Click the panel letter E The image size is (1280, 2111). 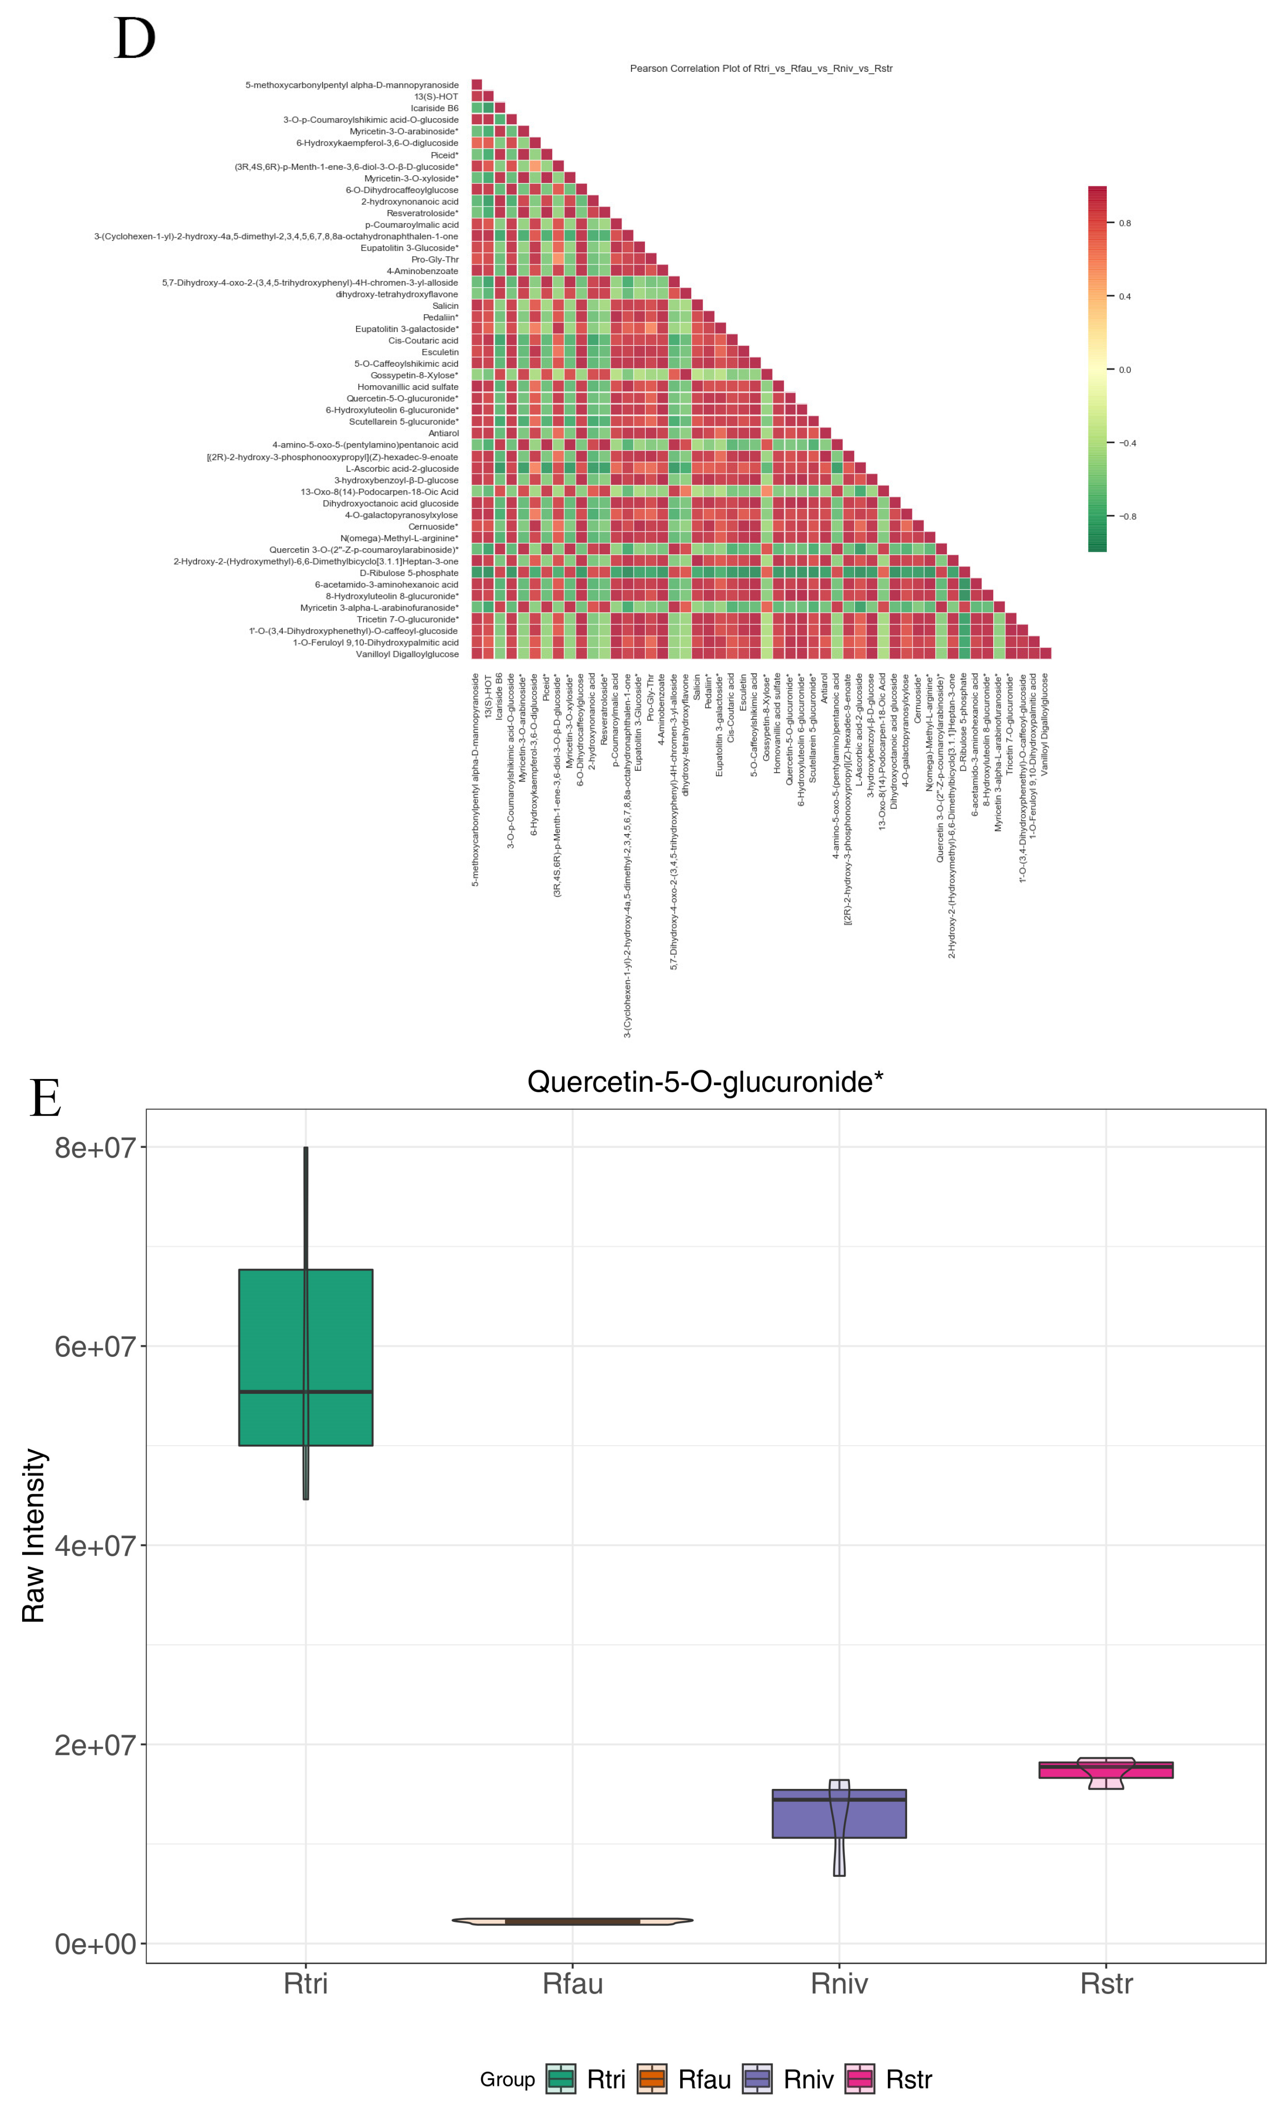(46, 1098)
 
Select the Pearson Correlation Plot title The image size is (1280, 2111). (761, 69)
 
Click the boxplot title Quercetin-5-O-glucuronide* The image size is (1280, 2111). (704, 1082)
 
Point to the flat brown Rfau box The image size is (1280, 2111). (572, 1922)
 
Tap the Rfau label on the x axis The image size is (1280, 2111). (572, 1984)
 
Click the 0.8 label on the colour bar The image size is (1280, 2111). (1124, 223)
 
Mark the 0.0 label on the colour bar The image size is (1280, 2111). (1124, 370)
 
